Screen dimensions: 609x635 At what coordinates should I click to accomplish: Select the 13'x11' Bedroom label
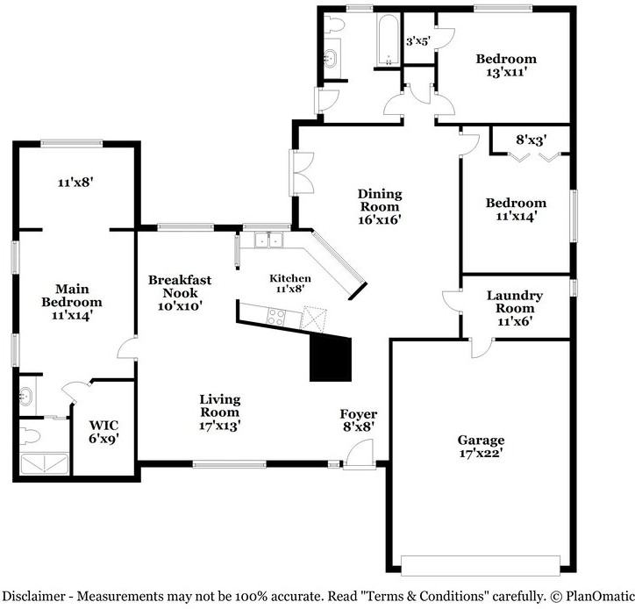[506, 66]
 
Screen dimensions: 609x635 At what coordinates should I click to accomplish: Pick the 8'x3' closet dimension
[531, 139]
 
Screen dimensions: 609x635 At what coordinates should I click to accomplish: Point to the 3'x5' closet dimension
[418, 40]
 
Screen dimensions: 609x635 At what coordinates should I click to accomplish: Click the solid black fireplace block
[332, 359]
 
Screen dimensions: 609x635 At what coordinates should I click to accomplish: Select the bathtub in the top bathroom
[387, 39]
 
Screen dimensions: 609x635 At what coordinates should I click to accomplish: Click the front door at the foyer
[359, 456]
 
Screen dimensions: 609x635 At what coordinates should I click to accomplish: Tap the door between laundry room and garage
[481, 347]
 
